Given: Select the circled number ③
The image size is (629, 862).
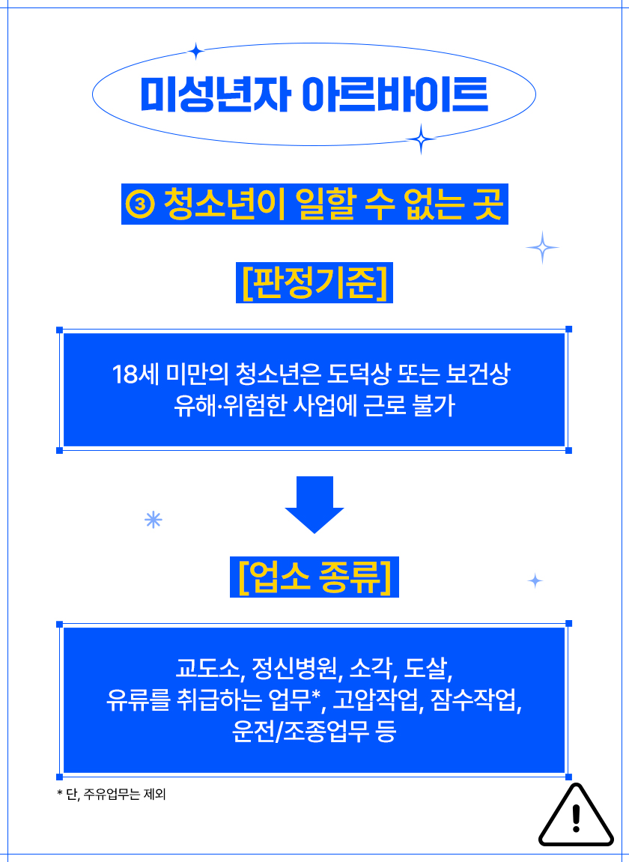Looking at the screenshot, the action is pos(141,204).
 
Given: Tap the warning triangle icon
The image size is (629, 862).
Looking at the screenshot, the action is pos(576,816).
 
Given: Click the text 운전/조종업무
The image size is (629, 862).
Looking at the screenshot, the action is pos(301,732).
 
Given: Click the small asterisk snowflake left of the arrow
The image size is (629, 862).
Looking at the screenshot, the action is pos(154,520).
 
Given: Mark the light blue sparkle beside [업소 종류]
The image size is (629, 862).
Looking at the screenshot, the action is pos(535,580).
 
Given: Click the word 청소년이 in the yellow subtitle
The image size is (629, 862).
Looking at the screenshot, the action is pos(225,204).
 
